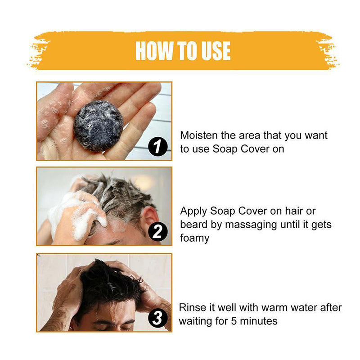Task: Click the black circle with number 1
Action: pos(157,147)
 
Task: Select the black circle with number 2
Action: pos(157,232)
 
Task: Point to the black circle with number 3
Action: pos(157,318)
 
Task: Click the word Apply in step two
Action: pos(193,211)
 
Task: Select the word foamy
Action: pos(195,238)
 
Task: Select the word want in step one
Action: pos(315,135)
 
